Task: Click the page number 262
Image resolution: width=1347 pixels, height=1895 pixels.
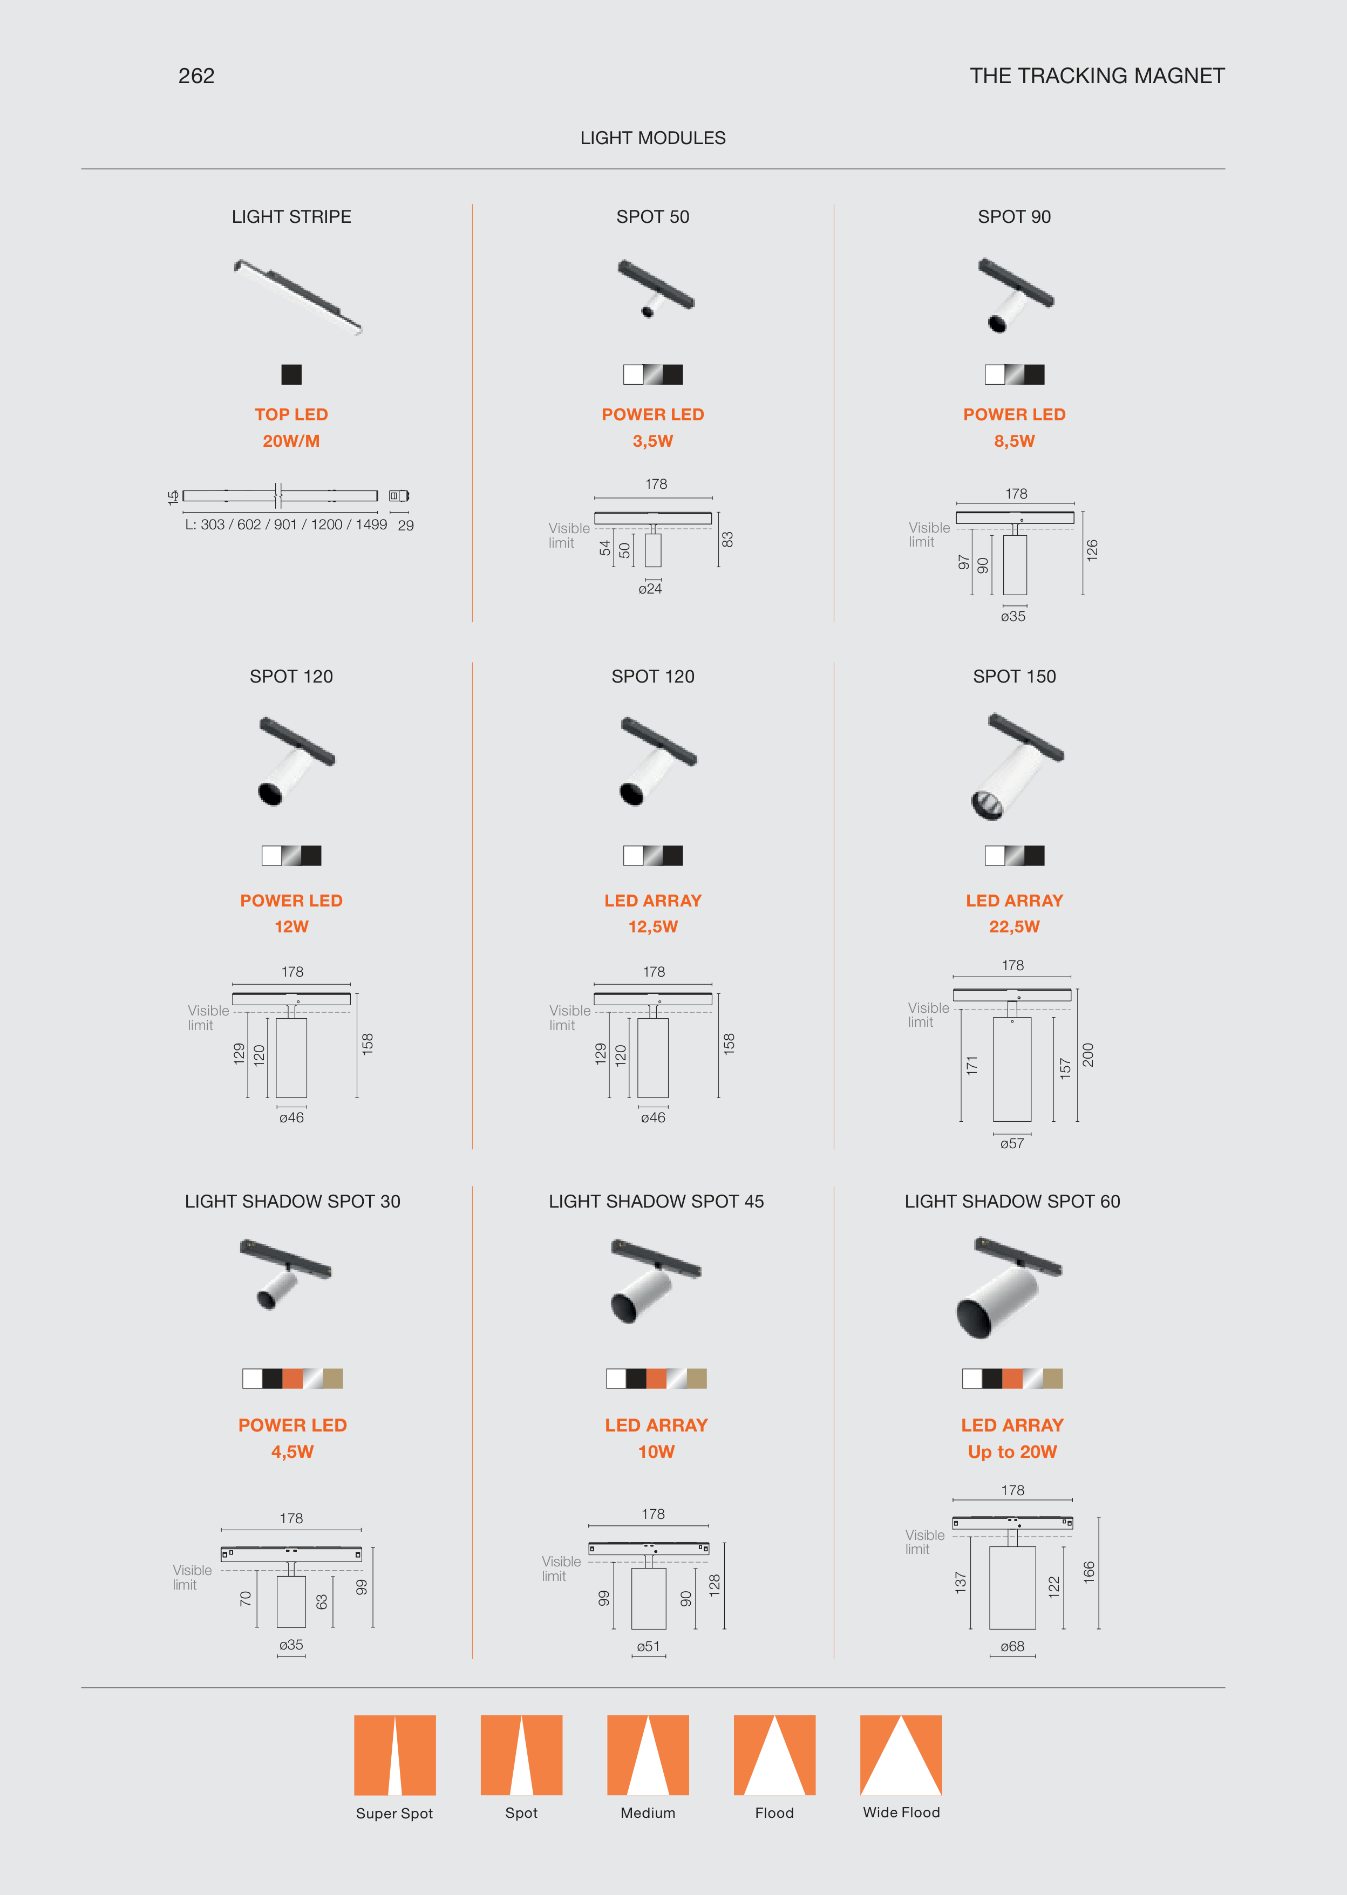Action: [196, 76]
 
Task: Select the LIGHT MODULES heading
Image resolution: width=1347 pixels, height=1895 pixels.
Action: [653, 138]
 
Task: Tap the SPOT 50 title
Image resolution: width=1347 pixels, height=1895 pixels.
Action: [653, 216]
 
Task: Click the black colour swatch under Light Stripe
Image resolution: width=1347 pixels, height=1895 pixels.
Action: [291, 375]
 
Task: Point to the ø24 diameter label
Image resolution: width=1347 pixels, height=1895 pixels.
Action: [650, 589]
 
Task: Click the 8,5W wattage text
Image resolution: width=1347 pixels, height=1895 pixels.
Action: [1015, 441]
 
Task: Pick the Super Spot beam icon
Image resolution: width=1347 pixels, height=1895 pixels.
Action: [395, 1755]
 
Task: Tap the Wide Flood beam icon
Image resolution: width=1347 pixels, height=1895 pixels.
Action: [901, 1755]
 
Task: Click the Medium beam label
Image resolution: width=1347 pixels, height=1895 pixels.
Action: [648, 1813]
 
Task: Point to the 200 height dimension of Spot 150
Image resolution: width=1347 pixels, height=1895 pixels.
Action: [1088, 1055]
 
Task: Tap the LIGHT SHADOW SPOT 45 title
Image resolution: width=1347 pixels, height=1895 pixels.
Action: [656, 1202]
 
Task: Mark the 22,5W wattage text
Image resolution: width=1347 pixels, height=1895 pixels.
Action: [1015, 927]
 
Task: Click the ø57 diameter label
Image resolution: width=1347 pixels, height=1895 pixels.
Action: [1012, 1143]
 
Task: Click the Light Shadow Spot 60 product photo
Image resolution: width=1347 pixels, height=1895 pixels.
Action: [1009, 1288]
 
